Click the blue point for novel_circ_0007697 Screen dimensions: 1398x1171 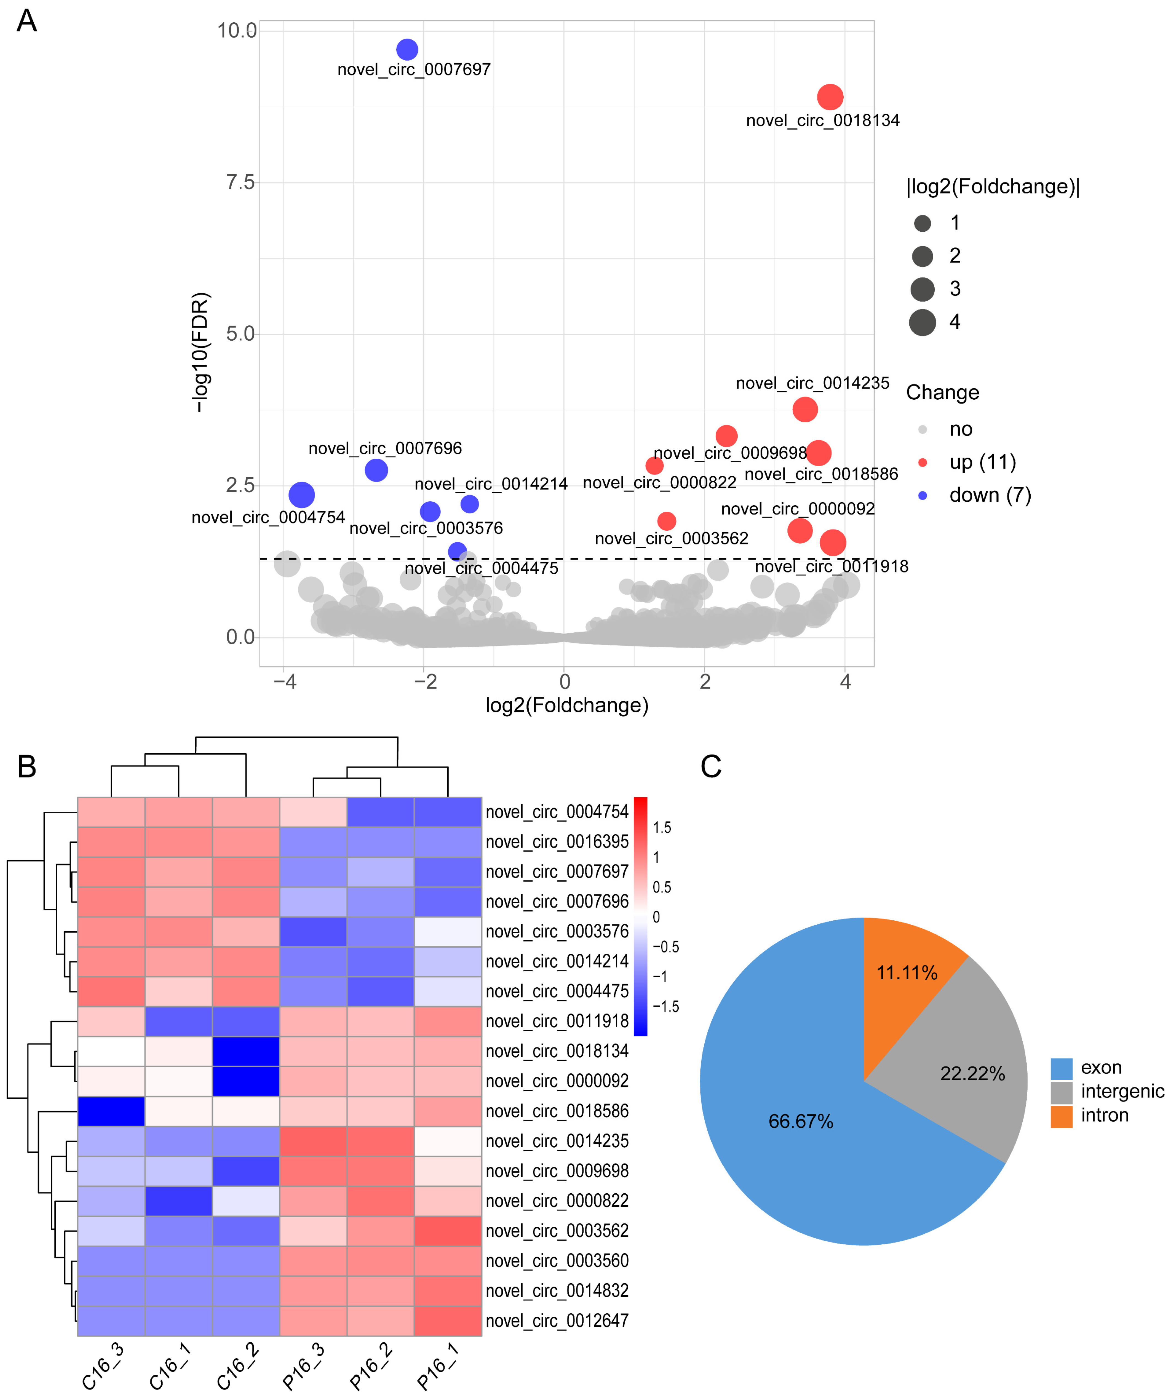[407, 49]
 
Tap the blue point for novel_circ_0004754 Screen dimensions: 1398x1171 [301, 494]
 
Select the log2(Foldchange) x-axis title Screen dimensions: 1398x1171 [566, 705]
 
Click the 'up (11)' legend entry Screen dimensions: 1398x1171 [982, 462]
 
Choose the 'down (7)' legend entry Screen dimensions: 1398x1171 [989, 495]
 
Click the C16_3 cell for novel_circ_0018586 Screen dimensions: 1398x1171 [111, 1111]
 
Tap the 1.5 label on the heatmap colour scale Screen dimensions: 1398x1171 [662, 827]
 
